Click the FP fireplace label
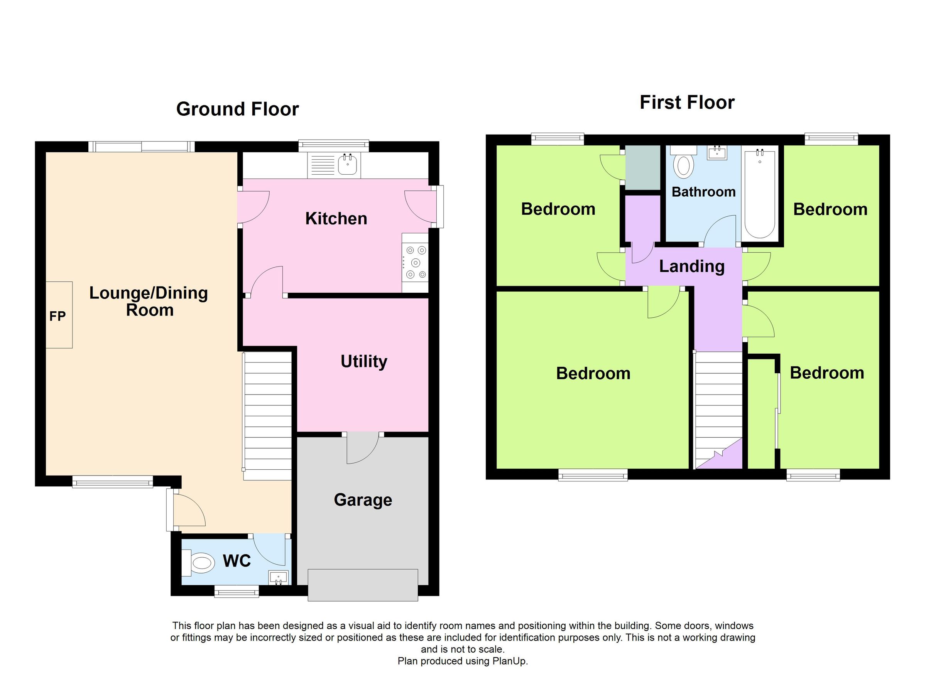57,316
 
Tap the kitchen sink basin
348,165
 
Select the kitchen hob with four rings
415,262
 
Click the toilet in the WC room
201,563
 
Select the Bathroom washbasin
717,153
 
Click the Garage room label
363,500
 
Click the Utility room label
364,362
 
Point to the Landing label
692,267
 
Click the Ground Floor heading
238,110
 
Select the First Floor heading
687,103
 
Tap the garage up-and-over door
363,585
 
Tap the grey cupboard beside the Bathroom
643,167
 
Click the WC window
237,591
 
